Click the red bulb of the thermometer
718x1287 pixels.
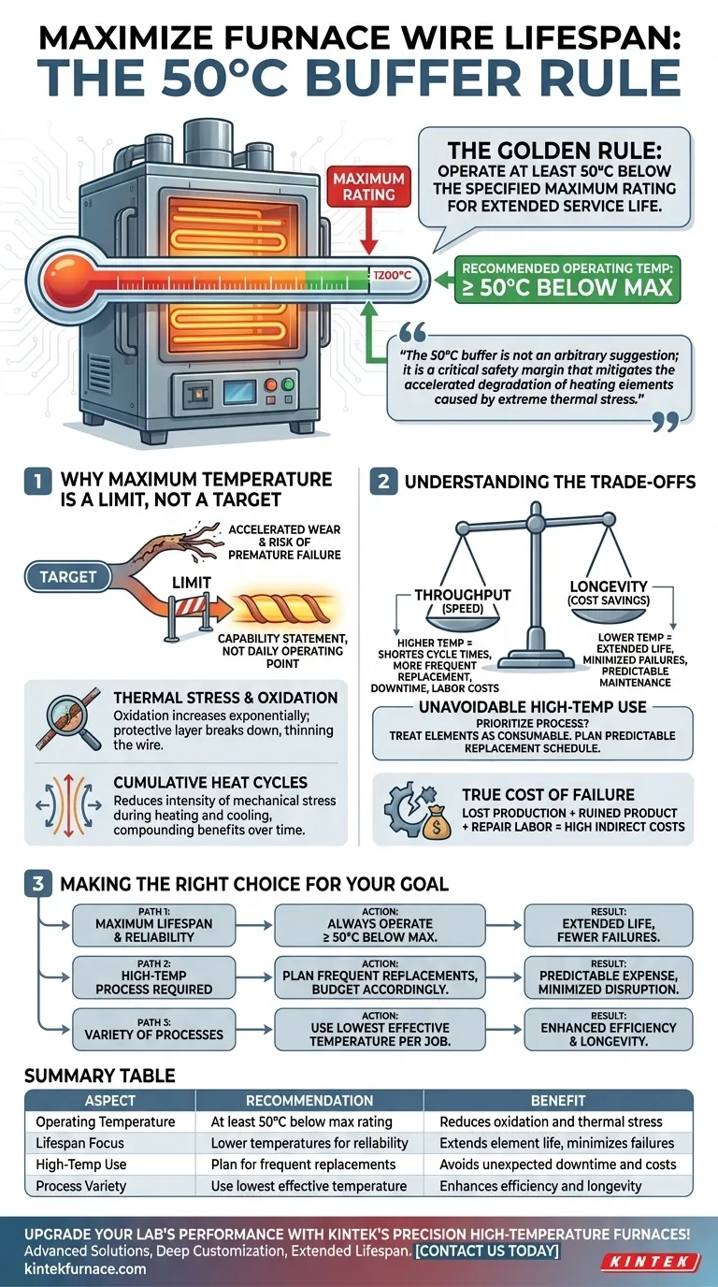63,277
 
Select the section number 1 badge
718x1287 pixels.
36,484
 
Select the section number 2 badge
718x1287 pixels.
383,484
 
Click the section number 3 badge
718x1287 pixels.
36,884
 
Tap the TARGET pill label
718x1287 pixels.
67,577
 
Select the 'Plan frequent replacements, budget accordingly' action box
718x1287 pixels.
381,982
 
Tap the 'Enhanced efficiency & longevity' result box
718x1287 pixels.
609,1034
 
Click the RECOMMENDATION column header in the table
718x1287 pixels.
309,1101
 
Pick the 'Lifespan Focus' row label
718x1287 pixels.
79,1143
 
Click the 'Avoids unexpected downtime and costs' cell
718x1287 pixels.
556,1164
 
